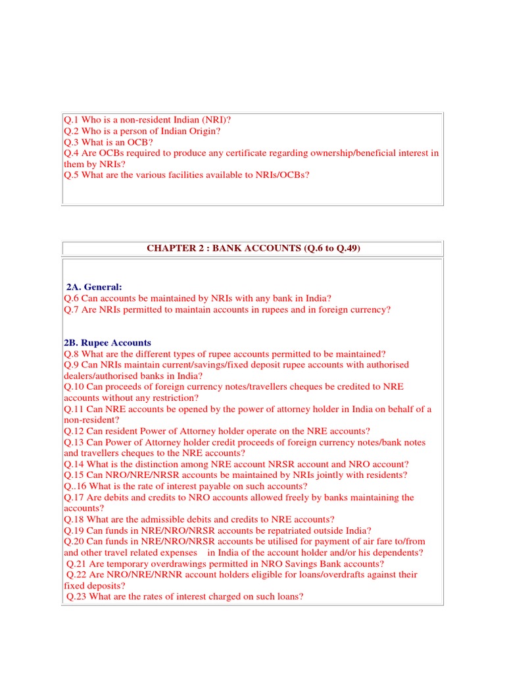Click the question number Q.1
coord(72,119)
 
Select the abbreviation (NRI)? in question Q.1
coord(214,119)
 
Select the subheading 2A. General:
coord(94,287)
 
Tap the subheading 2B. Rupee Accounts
coord(107,343)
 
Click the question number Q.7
coord(72,309)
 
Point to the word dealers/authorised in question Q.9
coord(103,376)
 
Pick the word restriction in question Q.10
coord(173,398)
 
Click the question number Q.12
coord(74,432)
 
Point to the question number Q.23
coord(78,597)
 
